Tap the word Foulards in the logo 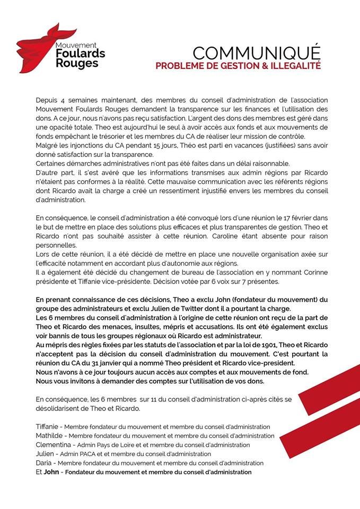point(80,54)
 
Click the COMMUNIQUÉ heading point(257,54)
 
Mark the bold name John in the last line point(51,472)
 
